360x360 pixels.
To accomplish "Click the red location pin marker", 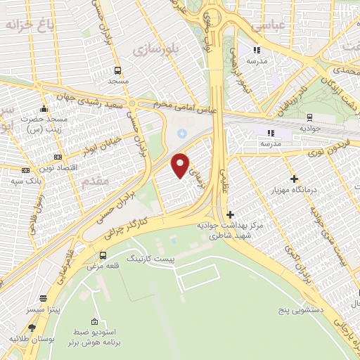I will (181, 166).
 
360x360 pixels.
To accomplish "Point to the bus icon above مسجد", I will (117, 70).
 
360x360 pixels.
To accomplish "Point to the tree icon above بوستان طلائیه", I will (31, 328).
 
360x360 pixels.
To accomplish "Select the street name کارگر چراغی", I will (130, 225).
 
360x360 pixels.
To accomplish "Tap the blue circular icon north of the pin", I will (182, 133).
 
